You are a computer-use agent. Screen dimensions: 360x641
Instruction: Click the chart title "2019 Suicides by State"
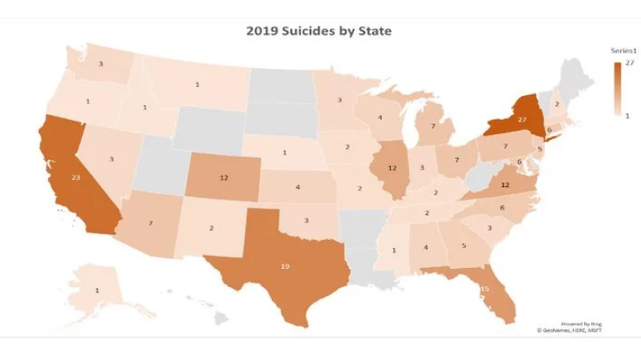(318, 31)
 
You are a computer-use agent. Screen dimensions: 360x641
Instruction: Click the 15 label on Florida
(485, 288)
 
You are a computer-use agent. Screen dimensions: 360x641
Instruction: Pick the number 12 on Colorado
(223, 178)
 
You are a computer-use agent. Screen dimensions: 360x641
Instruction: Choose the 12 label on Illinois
(394, 168)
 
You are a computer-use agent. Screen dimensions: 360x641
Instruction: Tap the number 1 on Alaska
(97, 290)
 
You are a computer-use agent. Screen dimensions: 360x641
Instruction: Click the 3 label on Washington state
(101, 64)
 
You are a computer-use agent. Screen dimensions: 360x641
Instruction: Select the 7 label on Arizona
(151, 223)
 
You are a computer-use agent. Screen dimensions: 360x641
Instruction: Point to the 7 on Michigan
(433, 127)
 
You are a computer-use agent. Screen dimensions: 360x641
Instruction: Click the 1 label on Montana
(197, 84)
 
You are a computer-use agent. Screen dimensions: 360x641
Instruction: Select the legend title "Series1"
(622, 51)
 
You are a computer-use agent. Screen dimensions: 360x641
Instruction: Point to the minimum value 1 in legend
(628, 116)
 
